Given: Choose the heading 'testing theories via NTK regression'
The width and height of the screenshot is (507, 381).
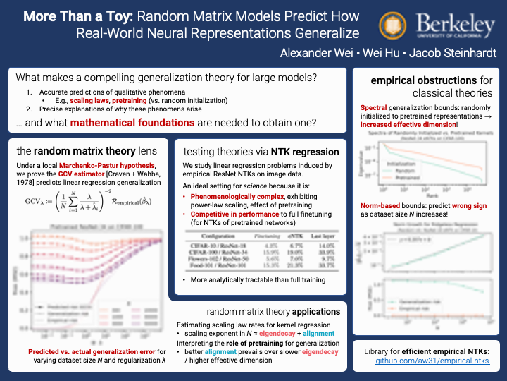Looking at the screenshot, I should pyautogui.click(x=261, y=151).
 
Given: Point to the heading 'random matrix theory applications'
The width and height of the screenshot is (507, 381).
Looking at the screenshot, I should pyautogui.click(x=273, y=311).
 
